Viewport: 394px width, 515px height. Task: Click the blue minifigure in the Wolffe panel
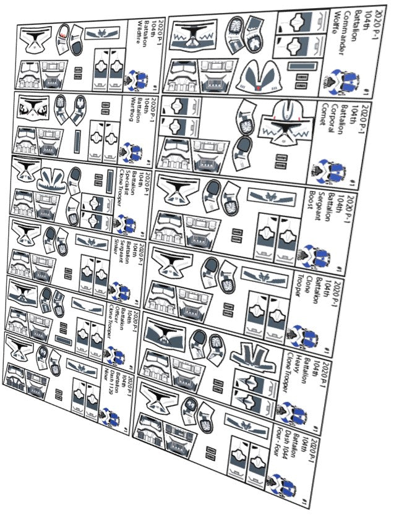point(346,79)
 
